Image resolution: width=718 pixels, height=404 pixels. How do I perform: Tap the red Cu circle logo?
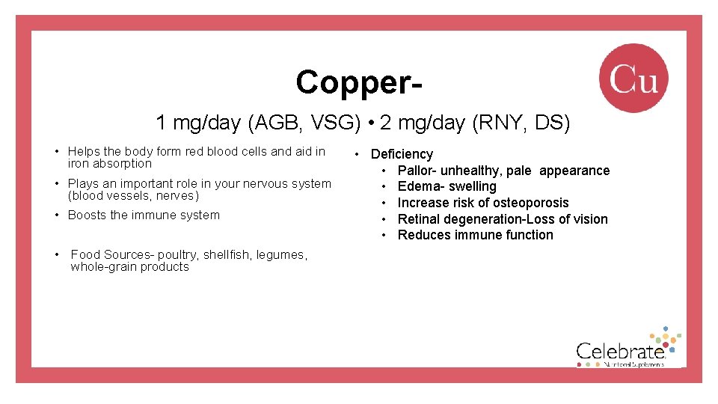633,78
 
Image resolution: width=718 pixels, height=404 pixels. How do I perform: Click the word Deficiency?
402,154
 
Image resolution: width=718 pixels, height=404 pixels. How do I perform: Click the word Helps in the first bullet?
85,151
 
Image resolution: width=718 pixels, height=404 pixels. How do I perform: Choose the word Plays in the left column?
84,183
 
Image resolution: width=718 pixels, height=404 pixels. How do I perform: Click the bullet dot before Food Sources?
58,254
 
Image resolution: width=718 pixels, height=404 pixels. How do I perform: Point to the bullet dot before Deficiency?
358,154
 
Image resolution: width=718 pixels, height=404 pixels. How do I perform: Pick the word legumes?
281,254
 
